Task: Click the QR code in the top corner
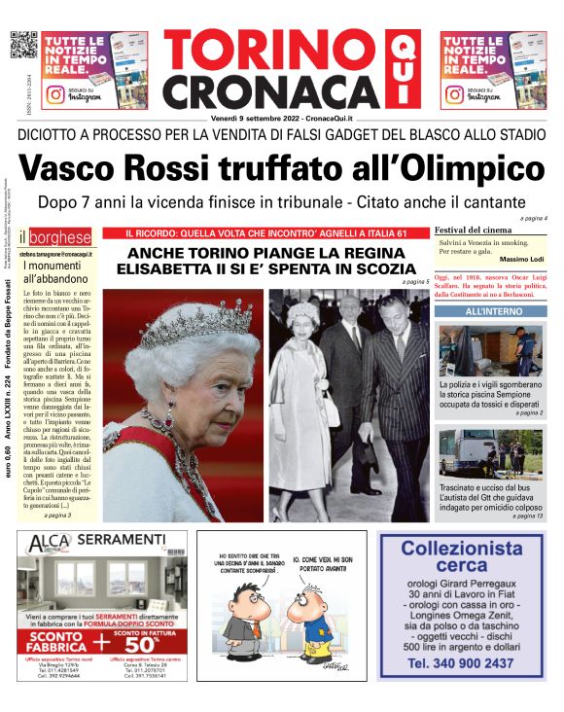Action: [22, 45]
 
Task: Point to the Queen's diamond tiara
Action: [184, 322]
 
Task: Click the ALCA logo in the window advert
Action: [43, 544]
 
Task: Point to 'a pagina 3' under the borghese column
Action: [59, 516]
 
